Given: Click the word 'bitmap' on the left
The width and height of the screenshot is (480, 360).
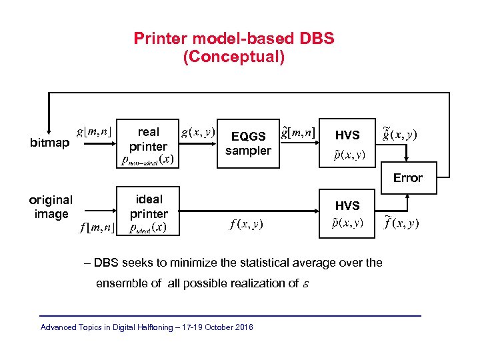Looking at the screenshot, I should pos(50,143).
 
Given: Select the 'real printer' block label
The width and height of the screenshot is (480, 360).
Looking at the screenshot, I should pos(148,139).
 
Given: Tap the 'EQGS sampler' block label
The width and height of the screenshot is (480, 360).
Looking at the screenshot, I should pos(248,143).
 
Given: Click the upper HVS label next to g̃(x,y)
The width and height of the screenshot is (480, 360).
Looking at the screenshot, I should pos(347,135).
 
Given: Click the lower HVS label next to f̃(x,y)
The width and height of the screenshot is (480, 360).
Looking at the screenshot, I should pos(347,206).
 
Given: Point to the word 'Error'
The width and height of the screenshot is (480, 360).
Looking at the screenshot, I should pos(407,178).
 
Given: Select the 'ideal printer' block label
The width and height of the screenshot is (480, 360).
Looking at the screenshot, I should pos(149,207).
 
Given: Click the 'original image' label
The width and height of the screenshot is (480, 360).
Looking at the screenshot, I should pos(51,207).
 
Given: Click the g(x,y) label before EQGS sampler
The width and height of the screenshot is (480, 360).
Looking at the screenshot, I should pos(198,132).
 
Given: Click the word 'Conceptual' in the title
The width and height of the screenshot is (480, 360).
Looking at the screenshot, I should pos(233,57).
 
